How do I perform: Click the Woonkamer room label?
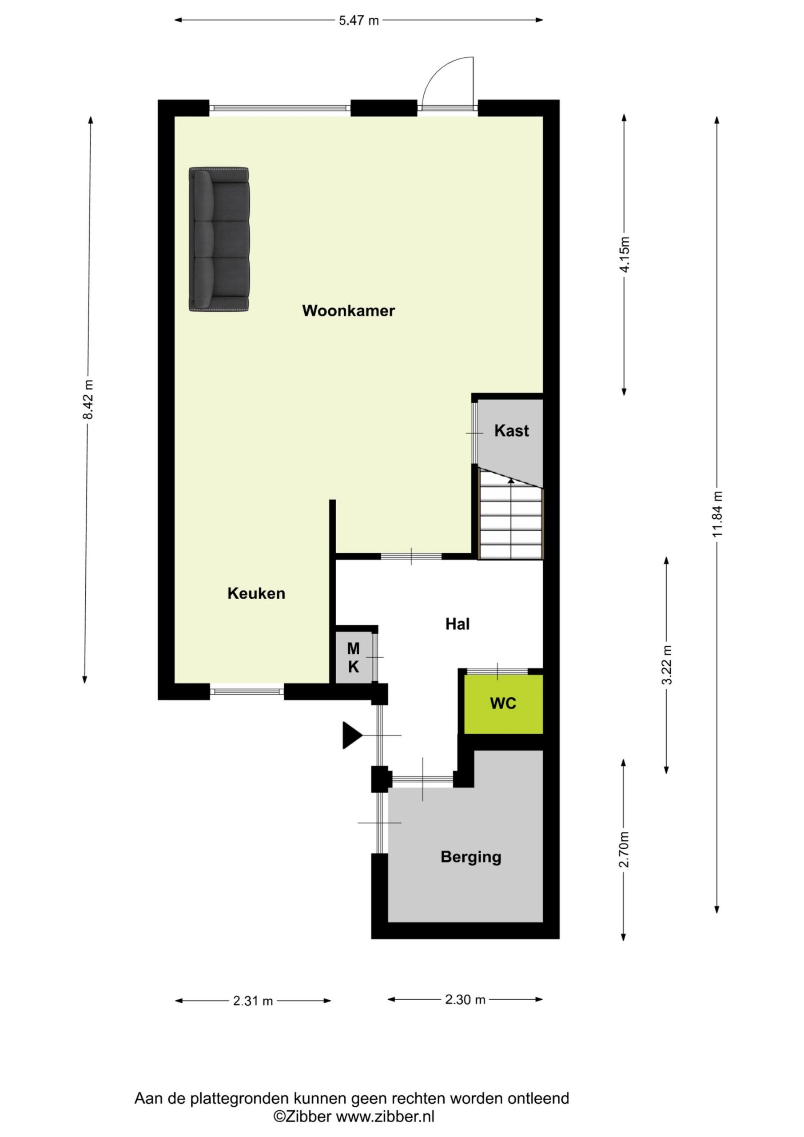(x=348, y=311)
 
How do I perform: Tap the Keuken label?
(x=256, y=593)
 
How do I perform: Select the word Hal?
(x=457, y=624)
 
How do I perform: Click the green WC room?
(x=503, y=703)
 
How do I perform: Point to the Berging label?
(x=470, y=857)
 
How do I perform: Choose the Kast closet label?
(x=511, y=431)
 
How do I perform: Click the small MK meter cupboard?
(x=353, y=658)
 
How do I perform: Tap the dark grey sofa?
(x=219, y=240)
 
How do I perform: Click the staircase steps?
(x=511, y=522)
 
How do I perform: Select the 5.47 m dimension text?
(x=358, y=21)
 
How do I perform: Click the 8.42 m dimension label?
(x=88, y=399)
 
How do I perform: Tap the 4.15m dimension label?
(x=625, y=254)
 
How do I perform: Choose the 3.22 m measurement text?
(x=667, y=664)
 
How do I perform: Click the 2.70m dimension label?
(x=624, y=849)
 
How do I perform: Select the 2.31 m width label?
(x=253, y=1001)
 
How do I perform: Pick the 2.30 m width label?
(x=465, y=999)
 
